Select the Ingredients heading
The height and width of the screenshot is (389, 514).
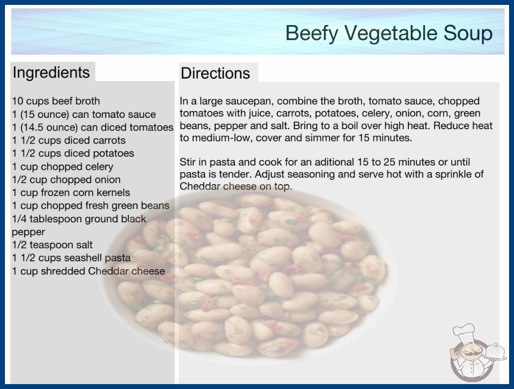51,72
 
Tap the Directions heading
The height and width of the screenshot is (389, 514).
215,73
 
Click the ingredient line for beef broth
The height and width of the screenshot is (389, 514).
56,101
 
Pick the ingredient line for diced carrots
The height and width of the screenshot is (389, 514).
69,140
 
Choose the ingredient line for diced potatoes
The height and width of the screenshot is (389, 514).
73,153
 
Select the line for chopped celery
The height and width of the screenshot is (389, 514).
62,167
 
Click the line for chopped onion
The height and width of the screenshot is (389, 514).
66,180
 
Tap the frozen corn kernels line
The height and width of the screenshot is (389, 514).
71,193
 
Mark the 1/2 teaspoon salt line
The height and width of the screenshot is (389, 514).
53,245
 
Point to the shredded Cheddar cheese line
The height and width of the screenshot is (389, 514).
88,271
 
